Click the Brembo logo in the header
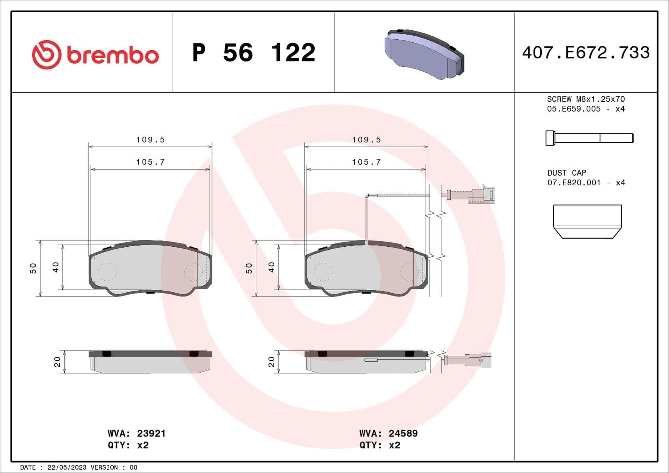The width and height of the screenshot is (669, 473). (x=95, y=54)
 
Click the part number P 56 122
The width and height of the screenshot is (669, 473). (x=253, y=53)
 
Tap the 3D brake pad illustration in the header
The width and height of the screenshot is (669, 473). (x=424, y=54)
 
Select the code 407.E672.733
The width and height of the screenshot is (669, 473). (x=586, y=53)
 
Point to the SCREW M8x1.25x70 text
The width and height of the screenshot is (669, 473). (x=585, y=99)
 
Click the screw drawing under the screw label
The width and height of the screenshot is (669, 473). (x=590, y=138)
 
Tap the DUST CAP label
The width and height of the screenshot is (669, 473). (x=567, y=173)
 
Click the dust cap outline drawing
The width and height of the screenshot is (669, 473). (x=587, y=221)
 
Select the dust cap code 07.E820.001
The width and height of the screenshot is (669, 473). (x=574, y=183)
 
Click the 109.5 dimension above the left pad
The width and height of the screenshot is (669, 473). (x=151, y=140)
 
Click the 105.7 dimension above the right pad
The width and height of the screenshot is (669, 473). (x=366, y=162)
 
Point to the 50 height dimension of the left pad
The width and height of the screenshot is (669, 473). (x=33, y=268)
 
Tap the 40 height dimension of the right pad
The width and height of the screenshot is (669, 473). (x=271, y=267)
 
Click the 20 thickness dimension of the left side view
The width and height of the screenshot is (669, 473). (x=57, y=362)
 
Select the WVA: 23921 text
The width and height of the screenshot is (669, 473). (x=137, y=433)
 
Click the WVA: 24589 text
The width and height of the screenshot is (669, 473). (x=388, y=433)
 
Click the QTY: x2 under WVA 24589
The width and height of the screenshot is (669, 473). (x=380, y=445)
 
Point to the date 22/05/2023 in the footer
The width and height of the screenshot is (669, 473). (x=67, y=467)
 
